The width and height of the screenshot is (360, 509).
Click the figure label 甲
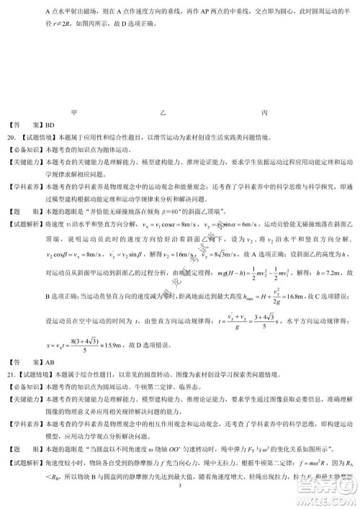pyautogui.click(x=74, y=112)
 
